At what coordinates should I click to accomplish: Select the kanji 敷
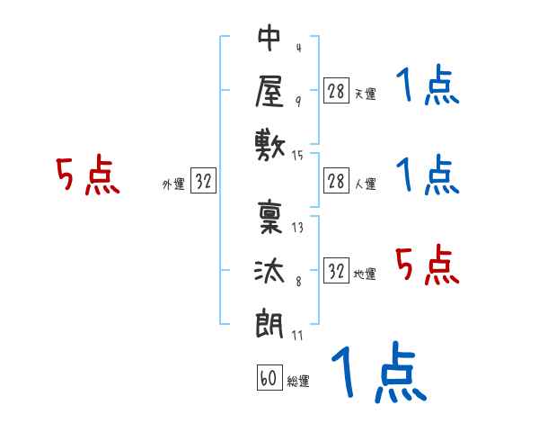(270, 142)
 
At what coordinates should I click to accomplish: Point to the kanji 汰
(270, 267)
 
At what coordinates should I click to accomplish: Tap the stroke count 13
(297, 227)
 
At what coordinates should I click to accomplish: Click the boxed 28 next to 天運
(336, 90)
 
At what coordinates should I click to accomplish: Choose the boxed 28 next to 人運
(336, 182)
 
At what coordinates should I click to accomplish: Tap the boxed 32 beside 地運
(336, 271)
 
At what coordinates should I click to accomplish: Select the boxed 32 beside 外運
(203, 181)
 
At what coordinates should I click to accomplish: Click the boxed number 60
(268, 378)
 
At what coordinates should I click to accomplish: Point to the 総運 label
(298, 382)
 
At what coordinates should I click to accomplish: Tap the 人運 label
(365, 184)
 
